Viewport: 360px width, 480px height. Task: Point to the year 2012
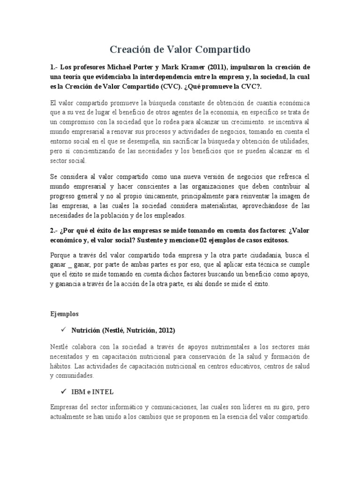(166, 330)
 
